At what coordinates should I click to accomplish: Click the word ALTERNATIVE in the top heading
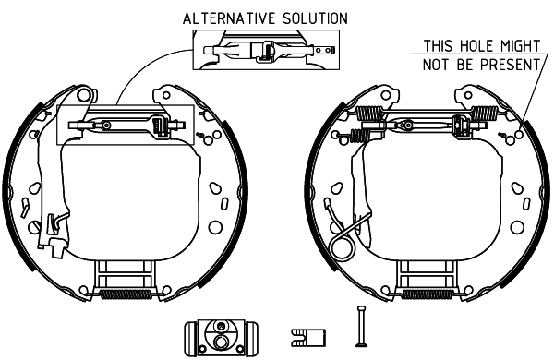pos(229,18)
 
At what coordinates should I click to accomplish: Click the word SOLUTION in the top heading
pos(315,18)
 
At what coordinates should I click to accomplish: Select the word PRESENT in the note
pos(510,65)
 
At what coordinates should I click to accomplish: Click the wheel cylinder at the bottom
pos(222,338)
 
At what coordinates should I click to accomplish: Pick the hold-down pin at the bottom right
pos(361,326)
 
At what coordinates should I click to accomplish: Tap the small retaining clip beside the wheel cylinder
pos(308,338)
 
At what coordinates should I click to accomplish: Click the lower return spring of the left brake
pos(126,294)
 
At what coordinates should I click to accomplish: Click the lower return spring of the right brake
pos(428,294)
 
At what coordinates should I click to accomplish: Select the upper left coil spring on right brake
pos(369,114)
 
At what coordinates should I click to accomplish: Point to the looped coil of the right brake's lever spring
pos(342,247)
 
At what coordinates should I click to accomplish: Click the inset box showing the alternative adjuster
pos(266,50)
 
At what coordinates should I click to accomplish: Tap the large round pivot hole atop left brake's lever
pos(84,94)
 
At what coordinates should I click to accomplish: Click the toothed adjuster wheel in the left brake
pos(158,126)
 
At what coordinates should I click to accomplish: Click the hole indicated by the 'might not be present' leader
pos(519,134)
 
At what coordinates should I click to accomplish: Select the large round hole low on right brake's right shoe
pos(517,227)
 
